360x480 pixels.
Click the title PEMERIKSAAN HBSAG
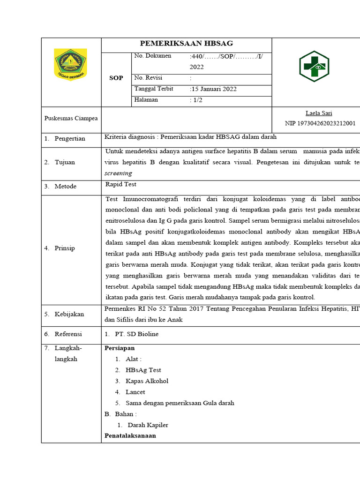click(x=187, y=44)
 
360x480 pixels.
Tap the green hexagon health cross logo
click(x=314, y=66)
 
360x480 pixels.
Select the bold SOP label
click(x=116, y=78)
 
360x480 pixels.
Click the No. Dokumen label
click(x=153, y=56)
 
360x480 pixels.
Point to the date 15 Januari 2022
click(x=214, y=89)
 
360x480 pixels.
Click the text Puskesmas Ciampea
click(x=71, y=118)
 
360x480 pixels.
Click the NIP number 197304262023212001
click(x=320, y=124)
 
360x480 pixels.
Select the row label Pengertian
click(x=70, y=139)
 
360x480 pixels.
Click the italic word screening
click(x=119, y=173)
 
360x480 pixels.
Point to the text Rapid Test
click(x=121, y=184)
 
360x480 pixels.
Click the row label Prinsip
click(x=65, y=248)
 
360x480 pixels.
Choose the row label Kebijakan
click(x=69, y=314)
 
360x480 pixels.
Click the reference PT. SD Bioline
click(x=136, y=334)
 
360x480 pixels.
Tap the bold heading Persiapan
click(x=120, y=348)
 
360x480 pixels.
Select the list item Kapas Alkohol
click(x=147, y=381)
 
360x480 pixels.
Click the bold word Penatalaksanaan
click(x=130, y=436)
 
